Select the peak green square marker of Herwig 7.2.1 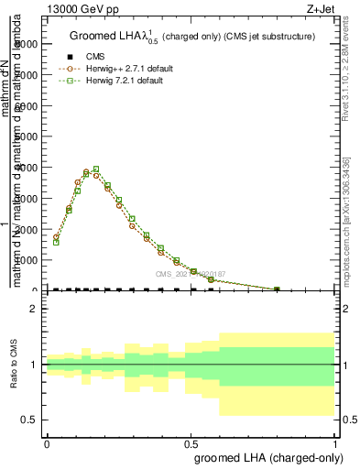96,169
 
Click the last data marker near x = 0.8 278,289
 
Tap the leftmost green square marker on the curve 56,243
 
